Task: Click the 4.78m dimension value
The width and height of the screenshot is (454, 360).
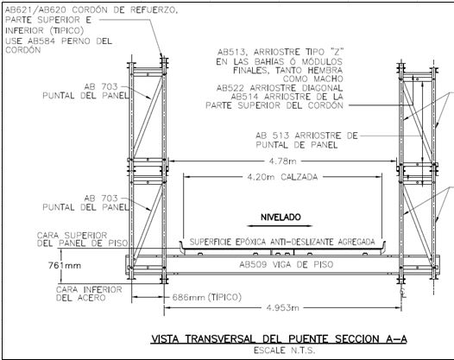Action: pyautogui.click(x=282, y=161)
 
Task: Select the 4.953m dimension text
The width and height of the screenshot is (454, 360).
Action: pyautogui.click(x=282, y=307)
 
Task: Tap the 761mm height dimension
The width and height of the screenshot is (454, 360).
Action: pyautogui.click(x=65, y=265)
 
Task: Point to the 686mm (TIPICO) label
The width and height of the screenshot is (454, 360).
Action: pyautogui.click(x=207, y=297)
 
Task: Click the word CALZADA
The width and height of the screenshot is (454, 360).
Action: pyautogui.click(x=300, y=177)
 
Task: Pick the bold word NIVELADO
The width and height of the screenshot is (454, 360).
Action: pyautogui.click(x=281, y=218)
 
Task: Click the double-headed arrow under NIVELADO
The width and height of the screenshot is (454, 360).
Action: pyautogui.click(x=281, y=226)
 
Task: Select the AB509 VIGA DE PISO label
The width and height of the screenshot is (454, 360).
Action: pyautogui.click(x=286, y=264)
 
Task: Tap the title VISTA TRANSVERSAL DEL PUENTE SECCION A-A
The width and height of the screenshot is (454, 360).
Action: pyautogui.click(x=279, y=339)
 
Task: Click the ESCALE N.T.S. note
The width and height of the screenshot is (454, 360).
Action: pyautogui.click(x=284, y=351)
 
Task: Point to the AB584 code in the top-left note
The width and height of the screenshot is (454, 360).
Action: pyautogui.click(x=41, y=41)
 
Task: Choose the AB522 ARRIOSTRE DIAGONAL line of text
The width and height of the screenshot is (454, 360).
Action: pyautogui.click(x=280, y=88)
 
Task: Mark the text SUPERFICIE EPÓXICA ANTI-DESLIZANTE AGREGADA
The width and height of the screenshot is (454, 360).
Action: pyautogui.click(x=282, y=242)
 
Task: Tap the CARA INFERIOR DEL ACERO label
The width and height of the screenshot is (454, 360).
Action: pyautogui.click(x=89, y=294)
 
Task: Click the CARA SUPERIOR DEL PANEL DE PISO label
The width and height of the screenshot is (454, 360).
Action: pyautogui.click(x=83, y=239)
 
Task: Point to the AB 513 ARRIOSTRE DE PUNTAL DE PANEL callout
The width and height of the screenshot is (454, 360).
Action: pyautogui.click(x=306, y=140)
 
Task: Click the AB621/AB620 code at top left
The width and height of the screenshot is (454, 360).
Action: pyautogui.click(x=36, y=9)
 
